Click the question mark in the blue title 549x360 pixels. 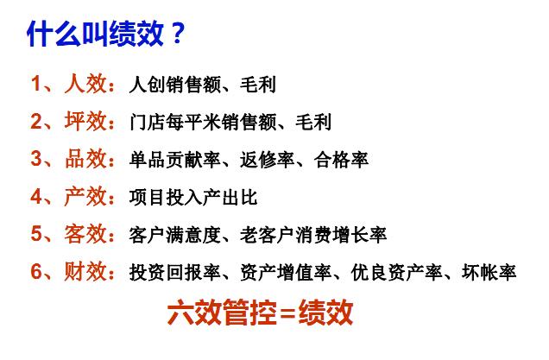coord(178,34)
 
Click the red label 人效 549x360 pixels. coord(85,84)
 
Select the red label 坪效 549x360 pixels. coord(85,122)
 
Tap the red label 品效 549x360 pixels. coord(85,159)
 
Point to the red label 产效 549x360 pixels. coord(85,196)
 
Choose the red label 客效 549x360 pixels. coord(85,234)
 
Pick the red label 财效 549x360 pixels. coord(85,271)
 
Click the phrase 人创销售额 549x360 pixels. coord(175,85)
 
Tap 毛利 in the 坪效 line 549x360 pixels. coord(313,123)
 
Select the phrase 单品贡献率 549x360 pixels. coord(175,160)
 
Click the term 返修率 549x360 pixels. coord(267,160)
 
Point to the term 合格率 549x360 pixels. coord(341,160)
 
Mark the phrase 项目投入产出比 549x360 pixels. coord(193,197)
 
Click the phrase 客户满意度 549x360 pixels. coord(175,235)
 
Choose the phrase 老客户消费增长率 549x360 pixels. coord(313,235)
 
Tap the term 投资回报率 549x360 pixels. coord(175,272)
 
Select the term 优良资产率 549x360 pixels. coord(396,272)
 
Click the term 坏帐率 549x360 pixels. coord(489,272)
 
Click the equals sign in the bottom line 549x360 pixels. coord(287,313)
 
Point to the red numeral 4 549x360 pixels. coord(36,197)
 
